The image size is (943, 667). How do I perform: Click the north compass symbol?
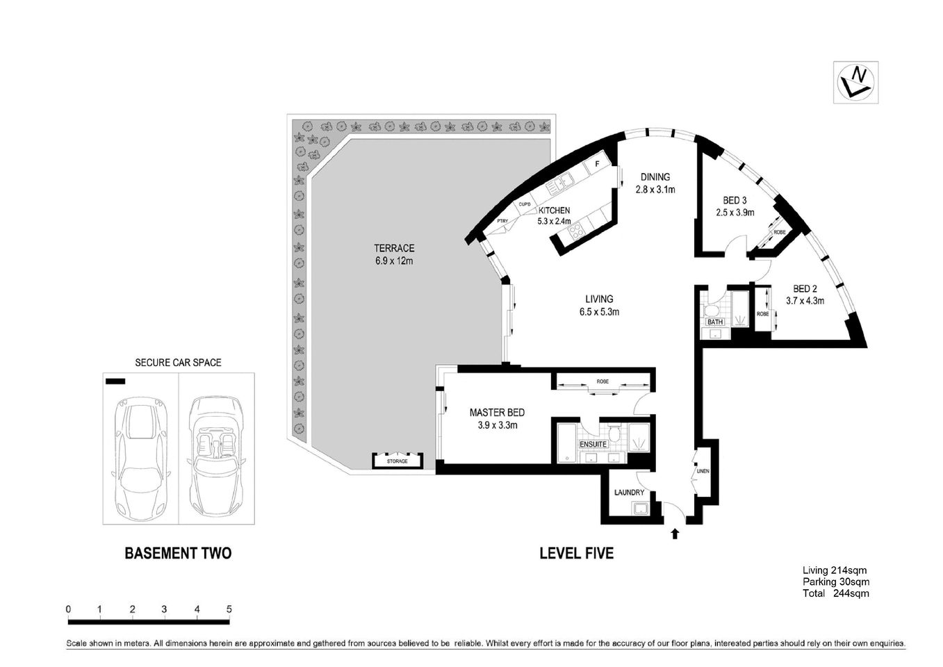tap(855, 83)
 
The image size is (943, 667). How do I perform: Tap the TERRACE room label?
tap(394, 248)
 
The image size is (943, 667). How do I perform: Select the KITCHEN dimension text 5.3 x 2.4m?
tap(554, 222)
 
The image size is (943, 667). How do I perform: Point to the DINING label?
tap(655, 177)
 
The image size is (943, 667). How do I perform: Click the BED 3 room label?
tap(735, 201)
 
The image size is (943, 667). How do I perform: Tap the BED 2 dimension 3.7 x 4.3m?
tap(805, 301)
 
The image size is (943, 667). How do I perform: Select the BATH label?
tap(715, 322)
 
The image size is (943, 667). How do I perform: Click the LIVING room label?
tap(598, 299)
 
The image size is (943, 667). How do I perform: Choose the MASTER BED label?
tap(497, 412)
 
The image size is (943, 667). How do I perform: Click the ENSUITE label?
tap(593, 444)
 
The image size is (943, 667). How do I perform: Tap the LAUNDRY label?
tap(629, 493)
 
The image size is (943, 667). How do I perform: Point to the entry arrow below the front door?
tap(674, 534)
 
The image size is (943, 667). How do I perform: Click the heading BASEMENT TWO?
tap(178, 553)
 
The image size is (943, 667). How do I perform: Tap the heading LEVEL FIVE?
tap(576, 553)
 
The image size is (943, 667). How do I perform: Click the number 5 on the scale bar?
tap(229, 609)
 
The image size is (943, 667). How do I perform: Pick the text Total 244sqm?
tap(835, 593)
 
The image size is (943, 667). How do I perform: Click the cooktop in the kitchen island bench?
tap(576, 233)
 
